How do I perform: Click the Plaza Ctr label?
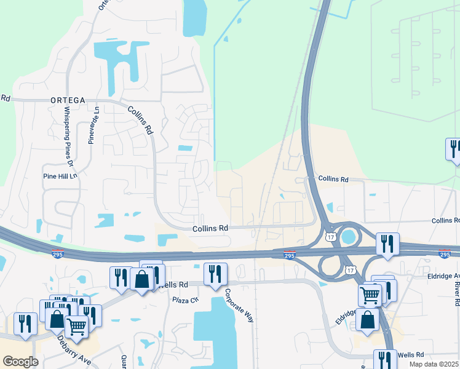pos(186,300)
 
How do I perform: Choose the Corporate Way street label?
pos(239,305)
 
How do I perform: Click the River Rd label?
pos(456,293)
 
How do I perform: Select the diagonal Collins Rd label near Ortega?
pos(140,119)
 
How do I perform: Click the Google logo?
pos(20,362)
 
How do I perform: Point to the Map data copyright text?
pos(434,364)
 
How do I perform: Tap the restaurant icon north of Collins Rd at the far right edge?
pos(454,149)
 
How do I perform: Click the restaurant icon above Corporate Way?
pos(215,274)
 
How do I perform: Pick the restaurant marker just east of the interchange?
pos(387,244)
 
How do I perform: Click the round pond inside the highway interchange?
pos(349,235)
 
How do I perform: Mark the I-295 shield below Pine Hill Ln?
pos(57,253)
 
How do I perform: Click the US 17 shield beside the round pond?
pos(331,236)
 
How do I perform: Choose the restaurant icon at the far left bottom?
pos(25,323)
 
